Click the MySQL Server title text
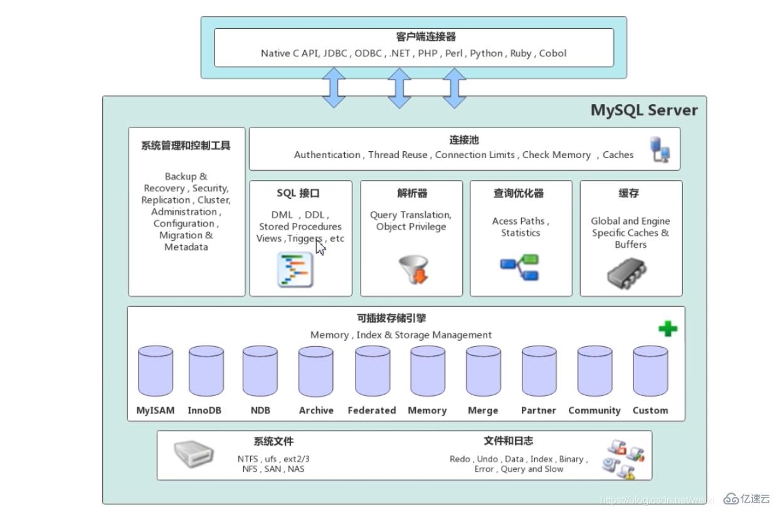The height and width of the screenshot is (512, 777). point(644,110)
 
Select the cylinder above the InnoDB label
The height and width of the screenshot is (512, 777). point(206,371)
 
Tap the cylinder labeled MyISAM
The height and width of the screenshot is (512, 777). point(155,371)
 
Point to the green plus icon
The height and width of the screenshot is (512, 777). point(668,328)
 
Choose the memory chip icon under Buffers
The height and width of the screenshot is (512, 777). point(627,273)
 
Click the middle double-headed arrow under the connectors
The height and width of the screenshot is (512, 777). point(399,88)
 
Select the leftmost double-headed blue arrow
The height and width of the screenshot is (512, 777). point(334,88)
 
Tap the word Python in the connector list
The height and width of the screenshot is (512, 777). point(487,53)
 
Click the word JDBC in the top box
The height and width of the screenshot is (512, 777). point(336,53)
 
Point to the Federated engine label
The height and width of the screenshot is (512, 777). point(372,410)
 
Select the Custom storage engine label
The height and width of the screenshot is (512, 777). point(650,410)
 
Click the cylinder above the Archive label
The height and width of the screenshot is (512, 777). point(316,371)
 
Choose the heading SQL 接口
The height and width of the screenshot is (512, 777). point(298,193)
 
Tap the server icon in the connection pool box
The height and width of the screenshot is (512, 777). point(660,149)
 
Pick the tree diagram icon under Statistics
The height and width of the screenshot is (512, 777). point(521,267)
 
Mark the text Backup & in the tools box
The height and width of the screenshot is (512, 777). point(186,176)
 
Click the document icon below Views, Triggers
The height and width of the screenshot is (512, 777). point(295,270)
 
